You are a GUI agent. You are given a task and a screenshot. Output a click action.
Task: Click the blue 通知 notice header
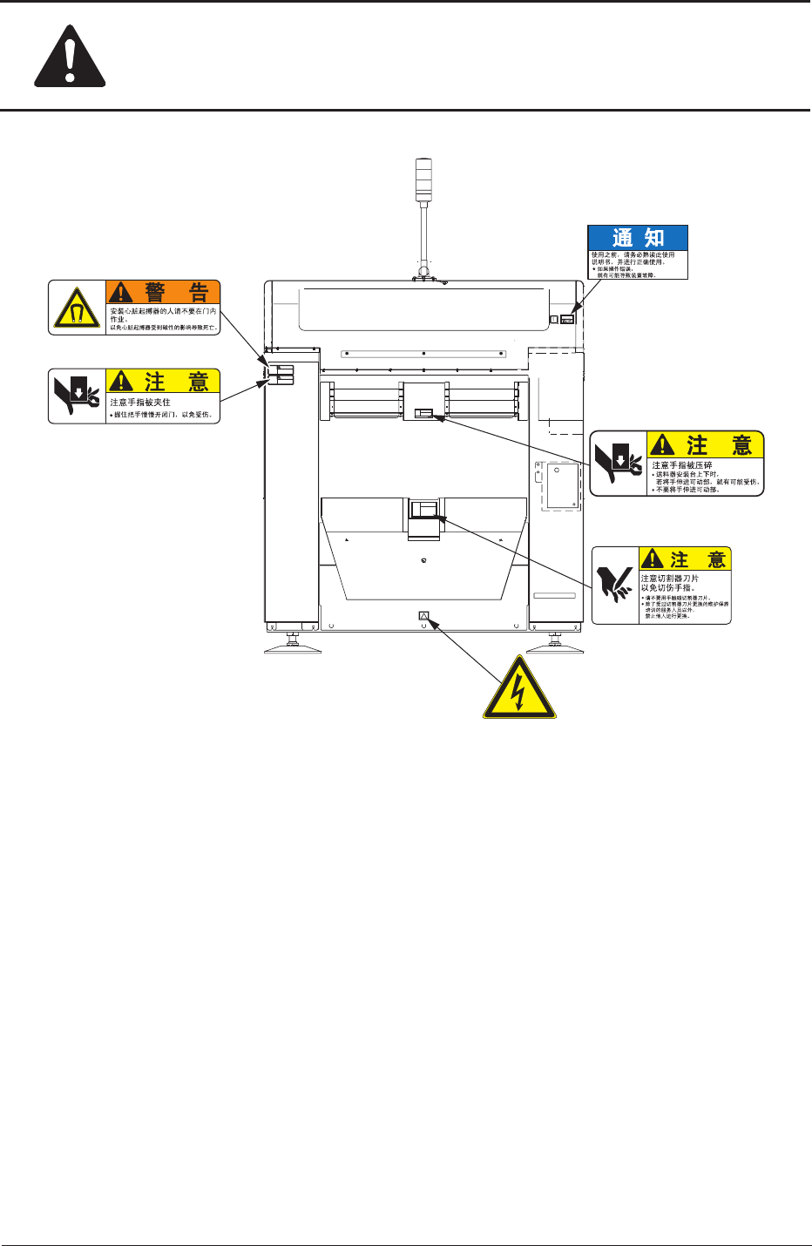638,238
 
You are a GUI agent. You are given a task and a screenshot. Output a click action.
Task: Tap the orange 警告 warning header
163,292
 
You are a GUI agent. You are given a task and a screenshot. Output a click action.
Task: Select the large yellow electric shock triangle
519,689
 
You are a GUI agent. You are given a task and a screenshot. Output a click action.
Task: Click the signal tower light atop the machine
424,179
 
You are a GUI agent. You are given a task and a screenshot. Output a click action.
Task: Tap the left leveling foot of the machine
293,647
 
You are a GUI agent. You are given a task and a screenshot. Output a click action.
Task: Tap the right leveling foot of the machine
555,647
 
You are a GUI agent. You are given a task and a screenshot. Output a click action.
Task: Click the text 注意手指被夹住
140,403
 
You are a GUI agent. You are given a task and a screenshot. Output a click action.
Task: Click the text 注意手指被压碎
682,465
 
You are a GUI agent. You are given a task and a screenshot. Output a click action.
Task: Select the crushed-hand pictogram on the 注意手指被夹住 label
77,396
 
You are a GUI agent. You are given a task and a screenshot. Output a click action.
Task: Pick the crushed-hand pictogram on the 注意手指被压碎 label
619,463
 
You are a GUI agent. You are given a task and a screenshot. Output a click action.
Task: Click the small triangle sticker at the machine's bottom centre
424,615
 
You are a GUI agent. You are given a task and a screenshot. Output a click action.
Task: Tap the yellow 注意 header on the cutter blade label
685,559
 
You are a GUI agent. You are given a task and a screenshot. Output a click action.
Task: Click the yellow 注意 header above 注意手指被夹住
163,381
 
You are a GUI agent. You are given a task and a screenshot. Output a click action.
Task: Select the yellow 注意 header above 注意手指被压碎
706,445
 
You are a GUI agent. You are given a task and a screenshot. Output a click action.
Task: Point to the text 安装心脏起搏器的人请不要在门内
163,310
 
